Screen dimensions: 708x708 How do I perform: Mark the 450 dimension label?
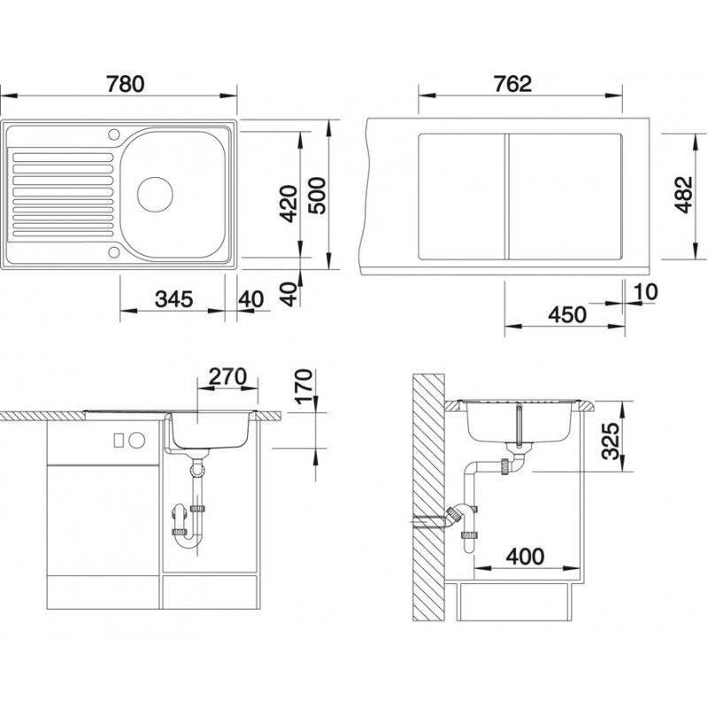click(566, 314)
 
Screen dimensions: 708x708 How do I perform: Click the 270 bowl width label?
click(226, 375)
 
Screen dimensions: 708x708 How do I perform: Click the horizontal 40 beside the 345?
click(251, 299)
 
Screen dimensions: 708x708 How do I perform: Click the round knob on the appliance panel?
click(136, 440)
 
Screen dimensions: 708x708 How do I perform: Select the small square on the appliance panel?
click(119, 440)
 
